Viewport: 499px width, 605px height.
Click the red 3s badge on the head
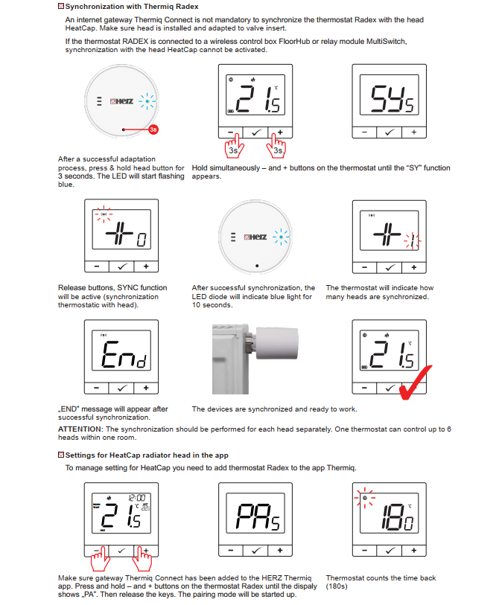point(153,129)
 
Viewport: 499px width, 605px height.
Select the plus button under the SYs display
point(414,132)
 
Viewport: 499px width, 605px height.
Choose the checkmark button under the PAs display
point(255,550)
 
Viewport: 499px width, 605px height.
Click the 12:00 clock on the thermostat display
point(136,498)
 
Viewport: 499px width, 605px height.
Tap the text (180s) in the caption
point(337,586)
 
